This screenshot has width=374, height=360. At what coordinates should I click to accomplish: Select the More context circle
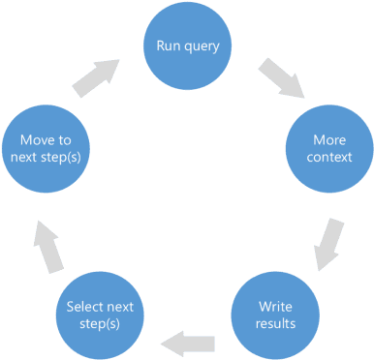click(329, 148)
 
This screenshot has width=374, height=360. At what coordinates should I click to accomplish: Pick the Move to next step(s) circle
click(45, 148)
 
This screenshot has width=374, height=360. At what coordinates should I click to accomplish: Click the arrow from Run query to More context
click(282, 79)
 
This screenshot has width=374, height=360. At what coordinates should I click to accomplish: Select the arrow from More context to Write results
click(329, 243)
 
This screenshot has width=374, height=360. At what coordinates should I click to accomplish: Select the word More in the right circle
click(329, 139)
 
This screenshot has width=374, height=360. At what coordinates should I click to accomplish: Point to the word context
click(329, 157)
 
